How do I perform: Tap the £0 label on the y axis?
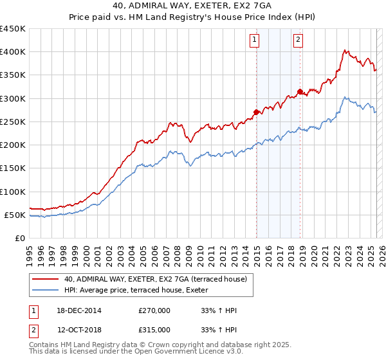20,238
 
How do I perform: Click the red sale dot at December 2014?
257,113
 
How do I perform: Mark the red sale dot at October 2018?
300,91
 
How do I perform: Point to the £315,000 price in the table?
154,329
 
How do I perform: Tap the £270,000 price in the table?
154,310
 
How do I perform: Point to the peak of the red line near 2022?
346,50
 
